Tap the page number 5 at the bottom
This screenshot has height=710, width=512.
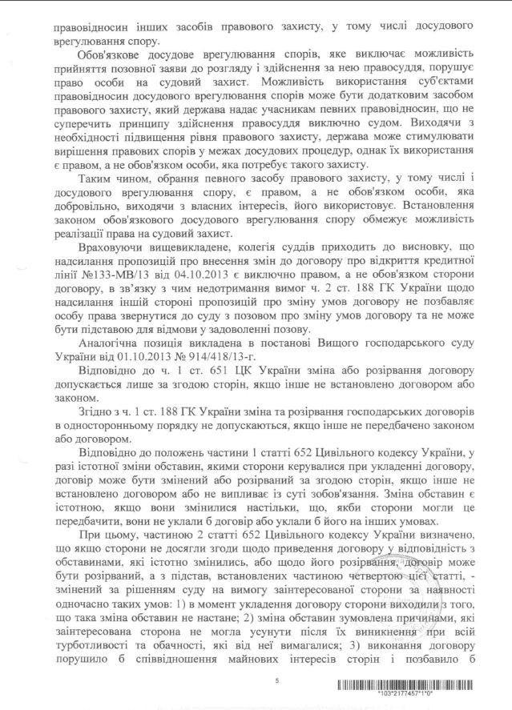click(x=276, y=680)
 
